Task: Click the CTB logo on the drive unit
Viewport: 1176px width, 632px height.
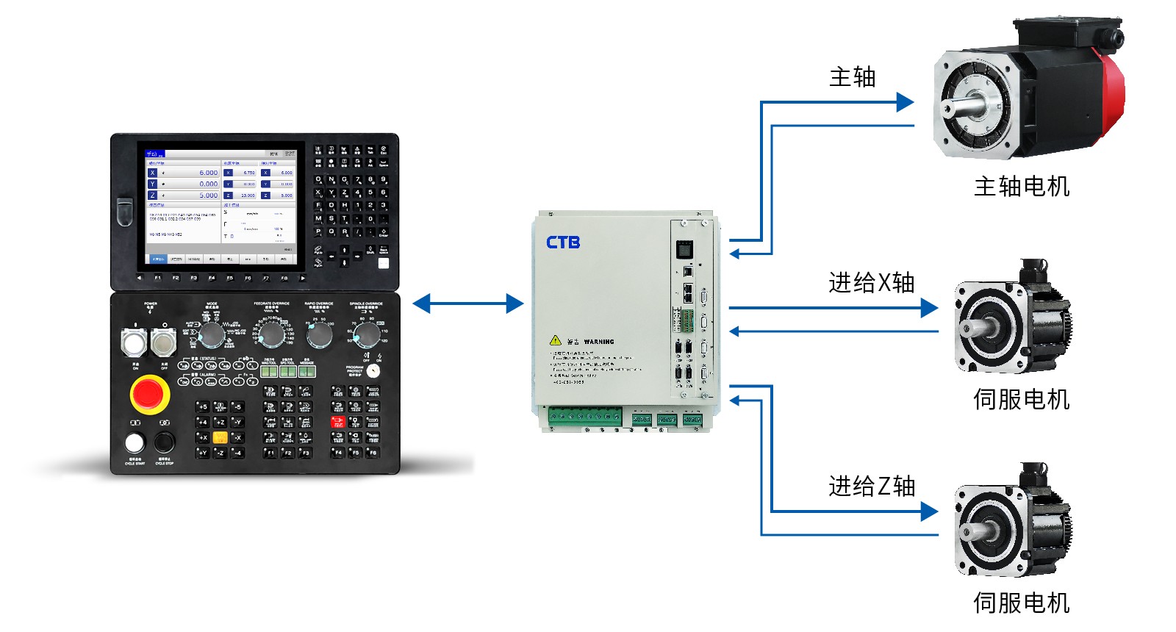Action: pos(563,242)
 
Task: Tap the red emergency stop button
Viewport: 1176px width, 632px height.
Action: pos(149,394)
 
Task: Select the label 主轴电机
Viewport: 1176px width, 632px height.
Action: pos(1022,187)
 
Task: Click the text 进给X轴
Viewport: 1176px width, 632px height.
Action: pos(871,282)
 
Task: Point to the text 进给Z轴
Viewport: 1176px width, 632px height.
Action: pos(872,486)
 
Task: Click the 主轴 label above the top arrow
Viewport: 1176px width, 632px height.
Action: pos(852,77)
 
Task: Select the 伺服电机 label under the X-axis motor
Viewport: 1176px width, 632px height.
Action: pos(1021,399)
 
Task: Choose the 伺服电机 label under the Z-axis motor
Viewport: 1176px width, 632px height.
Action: pos(1021,603)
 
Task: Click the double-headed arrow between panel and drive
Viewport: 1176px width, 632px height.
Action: pos(468,303)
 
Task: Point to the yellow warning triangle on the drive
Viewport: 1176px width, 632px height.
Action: pos(556,340)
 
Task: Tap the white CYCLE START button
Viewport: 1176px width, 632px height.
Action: pos(135,442)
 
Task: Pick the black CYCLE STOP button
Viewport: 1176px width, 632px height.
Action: pos(164,442)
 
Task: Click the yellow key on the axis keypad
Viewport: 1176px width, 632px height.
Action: pos(220,437)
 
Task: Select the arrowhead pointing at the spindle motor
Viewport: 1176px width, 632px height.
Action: pos(905,102)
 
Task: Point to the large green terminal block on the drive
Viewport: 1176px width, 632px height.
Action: pos(584,417)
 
